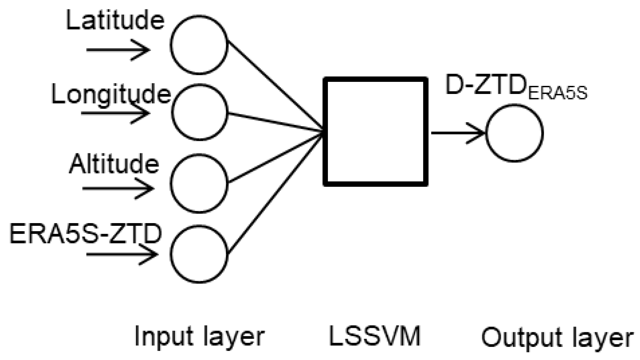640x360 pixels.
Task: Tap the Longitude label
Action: pyautogui.click(x=111, y=94)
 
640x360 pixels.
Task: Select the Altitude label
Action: pyautogui.click(x=114, y=164)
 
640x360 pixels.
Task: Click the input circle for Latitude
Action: pyautogui.click(x=199, y=45)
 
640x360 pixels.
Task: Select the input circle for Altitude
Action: pyautogui.click(x=199, y=183)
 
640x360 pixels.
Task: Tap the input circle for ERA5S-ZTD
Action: pyautogui.click(x=199, y=254)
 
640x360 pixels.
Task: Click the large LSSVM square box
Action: pyautogui.click(x=375, y=132)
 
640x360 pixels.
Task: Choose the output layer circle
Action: pyautogui.click(x=514, y=133)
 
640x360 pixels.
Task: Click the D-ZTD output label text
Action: pyautogui.click(x=484, y=86)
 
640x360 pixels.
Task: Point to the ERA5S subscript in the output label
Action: pyautogui.click(x=558, y=94)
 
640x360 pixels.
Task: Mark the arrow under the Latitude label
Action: pyautogui.click(x=117, y=50)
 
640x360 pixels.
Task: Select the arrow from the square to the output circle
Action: pyautogui.click(x=458, y=133)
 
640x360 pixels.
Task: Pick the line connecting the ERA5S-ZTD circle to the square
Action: pyautogui.click(x=275, y=193)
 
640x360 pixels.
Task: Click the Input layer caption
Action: pyautogui.click(x=199, y=337)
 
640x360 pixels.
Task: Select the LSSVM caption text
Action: pyautogui.click(x=374, y=336)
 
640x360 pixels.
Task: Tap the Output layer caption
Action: pyautogui.click(x=557, y=338)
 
